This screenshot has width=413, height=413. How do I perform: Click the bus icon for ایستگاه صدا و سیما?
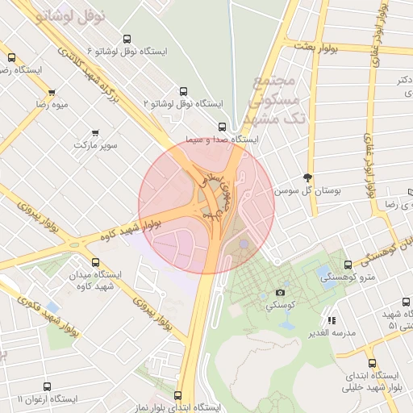point(223,127)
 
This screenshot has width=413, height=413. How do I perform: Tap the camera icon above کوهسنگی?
point(280,293)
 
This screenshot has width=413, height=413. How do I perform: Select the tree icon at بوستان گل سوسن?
point(307,177)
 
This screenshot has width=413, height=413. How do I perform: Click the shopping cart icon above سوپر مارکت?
point(96,132)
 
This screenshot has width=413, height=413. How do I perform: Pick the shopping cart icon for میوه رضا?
point(52,92)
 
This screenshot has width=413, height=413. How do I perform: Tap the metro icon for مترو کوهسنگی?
point(348,264)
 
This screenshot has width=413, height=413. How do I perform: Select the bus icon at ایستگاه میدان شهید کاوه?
point(96,262)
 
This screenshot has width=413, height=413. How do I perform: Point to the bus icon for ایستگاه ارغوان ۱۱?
point(52,386)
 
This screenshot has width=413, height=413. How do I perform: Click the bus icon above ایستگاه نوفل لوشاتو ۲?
point(183,91)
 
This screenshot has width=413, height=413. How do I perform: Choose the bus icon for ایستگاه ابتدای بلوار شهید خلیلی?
point(372,363)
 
